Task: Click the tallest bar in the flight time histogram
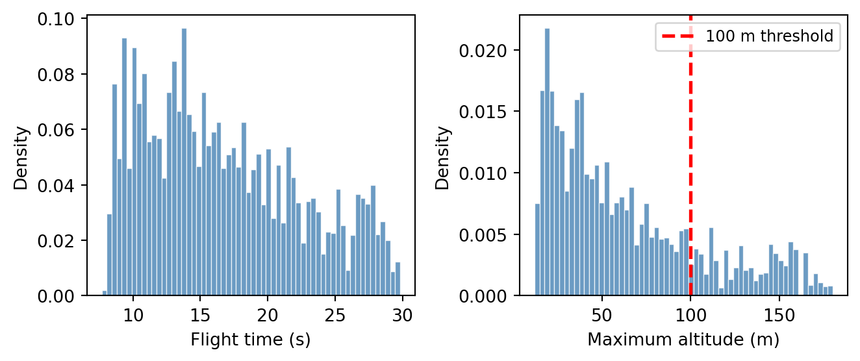(x=184, y=162)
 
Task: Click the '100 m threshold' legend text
(x=769, y=36)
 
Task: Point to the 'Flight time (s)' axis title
(x=250, y=340)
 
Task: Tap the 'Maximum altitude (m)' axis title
(x=683, y=340)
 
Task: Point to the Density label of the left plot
(x=21, y=158)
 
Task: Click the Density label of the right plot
(x=443, y=158)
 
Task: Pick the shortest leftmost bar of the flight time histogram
(x=105, y=293)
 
